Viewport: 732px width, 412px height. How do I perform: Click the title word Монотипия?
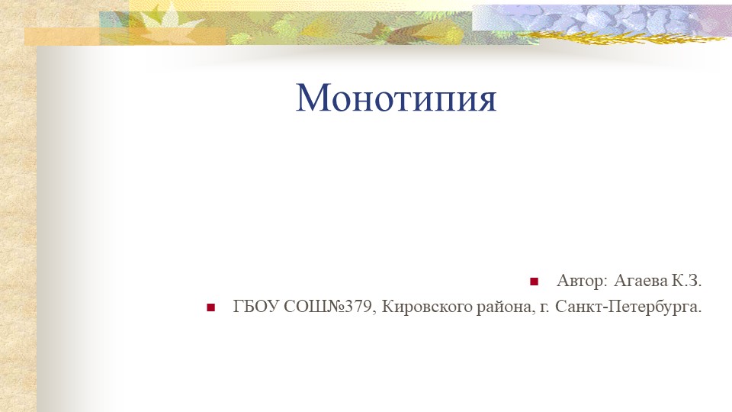pyautogui.click(x=396, y=98)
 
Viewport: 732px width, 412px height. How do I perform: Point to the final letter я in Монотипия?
pyautogui.click(x=486, y=101)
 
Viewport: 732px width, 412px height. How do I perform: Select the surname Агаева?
pyautogui.click(x=641, y=282)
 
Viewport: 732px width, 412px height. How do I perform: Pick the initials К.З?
pyautogui.click(x=686, y=282)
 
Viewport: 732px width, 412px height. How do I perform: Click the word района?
pyautogui.click(x=496, y=308)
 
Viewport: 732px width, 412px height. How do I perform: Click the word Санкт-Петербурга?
pyautogui.click(x=628, y=308)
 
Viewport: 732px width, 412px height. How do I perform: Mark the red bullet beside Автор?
pyautogui.click(x=534, y=282)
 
